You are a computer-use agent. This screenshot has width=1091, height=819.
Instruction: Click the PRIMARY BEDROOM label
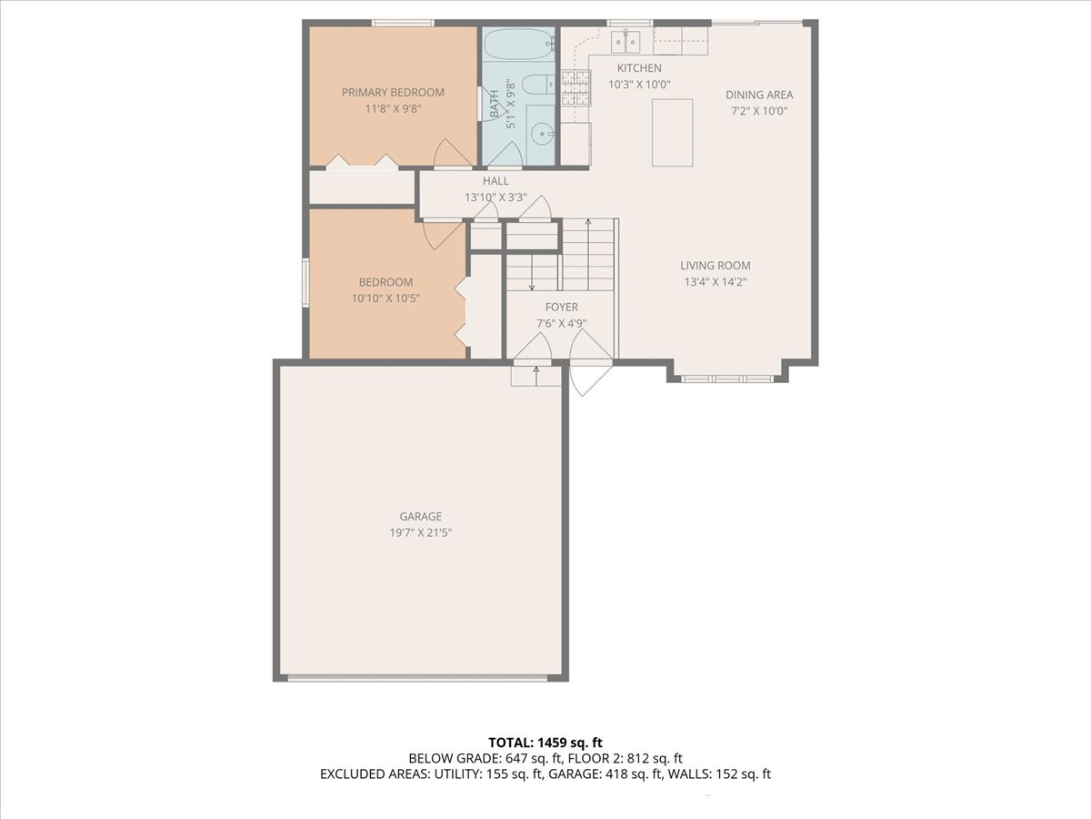(393, 93)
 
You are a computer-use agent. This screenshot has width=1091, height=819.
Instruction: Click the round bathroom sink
(540, 133)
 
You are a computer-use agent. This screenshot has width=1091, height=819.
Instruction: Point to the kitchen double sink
(626, 41)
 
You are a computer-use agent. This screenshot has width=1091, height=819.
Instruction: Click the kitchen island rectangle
(672, 132)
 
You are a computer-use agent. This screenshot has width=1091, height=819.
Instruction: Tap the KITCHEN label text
(639, 68)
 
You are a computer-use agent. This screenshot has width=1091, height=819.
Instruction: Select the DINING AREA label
(759, 95)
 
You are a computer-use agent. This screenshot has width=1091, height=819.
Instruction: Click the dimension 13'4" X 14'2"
(716, 282)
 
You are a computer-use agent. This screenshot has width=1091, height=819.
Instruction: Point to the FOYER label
(562, 308)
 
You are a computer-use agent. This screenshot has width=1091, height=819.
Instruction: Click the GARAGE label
(421, 516)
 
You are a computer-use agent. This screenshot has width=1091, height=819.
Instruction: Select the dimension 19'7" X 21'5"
(421, 532)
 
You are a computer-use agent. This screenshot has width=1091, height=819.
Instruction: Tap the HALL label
(495, 181)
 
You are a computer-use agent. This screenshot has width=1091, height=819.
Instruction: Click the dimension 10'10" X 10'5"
(385, 298)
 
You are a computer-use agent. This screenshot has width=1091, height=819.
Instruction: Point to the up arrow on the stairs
(588, 254)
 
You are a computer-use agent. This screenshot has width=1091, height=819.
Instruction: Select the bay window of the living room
(726, 379)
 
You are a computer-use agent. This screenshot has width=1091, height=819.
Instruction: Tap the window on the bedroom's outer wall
(305, 282)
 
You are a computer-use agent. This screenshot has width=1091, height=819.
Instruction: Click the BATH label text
(495, 104)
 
